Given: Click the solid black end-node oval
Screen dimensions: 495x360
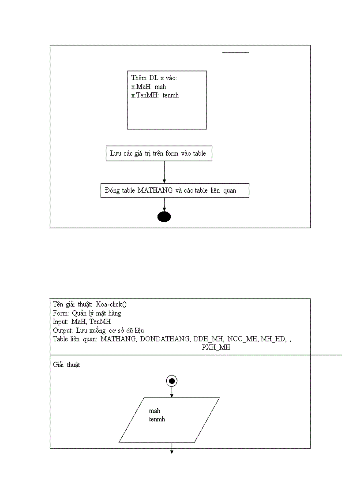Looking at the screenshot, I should (x=164, y=216).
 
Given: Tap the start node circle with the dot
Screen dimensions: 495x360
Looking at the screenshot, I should (x=172, y=381).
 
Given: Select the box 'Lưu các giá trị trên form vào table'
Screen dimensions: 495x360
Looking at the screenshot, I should (x=159, y=154).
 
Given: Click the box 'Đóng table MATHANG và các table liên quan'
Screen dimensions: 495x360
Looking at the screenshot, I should (x=175, y=190).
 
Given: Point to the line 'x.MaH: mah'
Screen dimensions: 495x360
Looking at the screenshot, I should (x=149, y=87).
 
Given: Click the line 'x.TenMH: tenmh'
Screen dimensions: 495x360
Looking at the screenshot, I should (x=155, y=95).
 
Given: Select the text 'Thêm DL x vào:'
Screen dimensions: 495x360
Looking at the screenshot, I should (x=154, y=78).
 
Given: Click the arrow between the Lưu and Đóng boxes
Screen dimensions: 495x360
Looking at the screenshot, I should (x=164, y=172).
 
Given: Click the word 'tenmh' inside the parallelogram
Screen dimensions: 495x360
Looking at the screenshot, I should (x=157, y=419).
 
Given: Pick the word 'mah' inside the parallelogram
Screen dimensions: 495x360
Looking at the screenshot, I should (x=154, y=411).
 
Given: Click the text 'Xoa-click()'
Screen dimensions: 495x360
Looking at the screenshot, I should (x=111, y=305).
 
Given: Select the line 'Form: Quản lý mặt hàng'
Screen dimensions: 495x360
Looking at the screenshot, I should (x=87, y=313).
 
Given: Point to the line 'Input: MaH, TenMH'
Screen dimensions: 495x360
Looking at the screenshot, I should (x=82, y=322).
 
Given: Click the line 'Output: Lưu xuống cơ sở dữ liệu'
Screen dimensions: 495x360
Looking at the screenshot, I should (x=98, y=330).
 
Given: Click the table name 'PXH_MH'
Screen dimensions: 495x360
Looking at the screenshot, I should (x=216, y=347).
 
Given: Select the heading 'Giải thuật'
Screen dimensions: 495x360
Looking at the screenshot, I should (x=67, y=365).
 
